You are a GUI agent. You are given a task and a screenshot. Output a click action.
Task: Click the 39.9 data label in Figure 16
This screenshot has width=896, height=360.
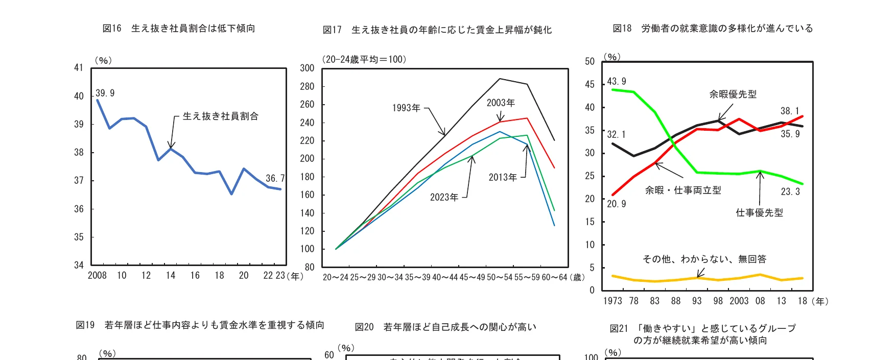coord(105,93)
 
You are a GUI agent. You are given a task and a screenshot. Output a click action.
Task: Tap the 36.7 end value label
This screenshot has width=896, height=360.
coord(275,178)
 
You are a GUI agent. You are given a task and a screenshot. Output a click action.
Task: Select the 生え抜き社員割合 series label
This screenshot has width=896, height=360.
coord(220,116)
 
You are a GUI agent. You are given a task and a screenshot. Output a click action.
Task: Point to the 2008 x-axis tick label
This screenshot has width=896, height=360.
coord(97,276)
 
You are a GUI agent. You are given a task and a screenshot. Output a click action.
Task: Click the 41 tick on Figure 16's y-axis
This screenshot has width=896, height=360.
coord(79,67)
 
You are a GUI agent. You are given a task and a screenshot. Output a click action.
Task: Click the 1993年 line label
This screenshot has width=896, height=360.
coord(406,108)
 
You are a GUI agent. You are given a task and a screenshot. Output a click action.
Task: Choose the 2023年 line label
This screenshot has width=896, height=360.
coord(444,197)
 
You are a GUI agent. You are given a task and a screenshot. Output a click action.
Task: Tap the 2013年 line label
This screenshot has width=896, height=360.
coord(503,177)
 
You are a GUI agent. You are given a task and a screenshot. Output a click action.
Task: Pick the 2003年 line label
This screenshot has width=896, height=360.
coord(501,103)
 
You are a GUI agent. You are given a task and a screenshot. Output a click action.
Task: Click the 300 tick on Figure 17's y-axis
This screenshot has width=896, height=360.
coord(307,68)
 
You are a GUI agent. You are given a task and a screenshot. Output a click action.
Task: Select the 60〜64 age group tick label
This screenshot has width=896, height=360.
coord(554,277)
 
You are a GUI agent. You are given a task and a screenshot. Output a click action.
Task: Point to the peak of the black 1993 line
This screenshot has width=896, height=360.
coord(500,79)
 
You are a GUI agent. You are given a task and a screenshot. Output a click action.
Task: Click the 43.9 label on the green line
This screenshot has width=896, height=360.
coord(616,81)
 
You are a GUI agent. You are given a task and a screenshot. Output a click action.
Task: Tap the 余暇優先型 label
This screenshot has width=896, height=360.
coord(733,94)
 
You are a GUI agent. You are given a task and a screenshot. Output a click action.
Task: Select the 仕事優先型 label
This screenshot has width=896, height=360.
coord(759,212)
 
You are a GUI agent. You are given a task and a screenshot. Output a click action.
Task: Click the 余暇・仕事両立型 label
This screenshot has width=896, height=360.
coord(683,190)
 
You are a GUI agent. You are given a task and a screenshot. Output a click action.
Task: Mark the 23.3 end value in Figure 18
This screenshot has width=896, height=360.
coord(790,191)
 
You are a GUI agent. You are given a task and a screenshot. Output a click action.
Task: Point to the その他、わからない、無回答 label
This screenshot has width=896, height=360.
coord(704,259)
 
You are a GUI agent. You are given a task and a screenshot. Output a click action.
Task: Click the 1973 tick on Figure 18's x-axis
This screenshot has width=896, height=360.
coord(612,301)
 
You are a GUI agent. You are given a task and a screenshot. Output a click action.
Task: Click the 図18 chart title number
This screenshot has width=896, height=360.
coord(622,29)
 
